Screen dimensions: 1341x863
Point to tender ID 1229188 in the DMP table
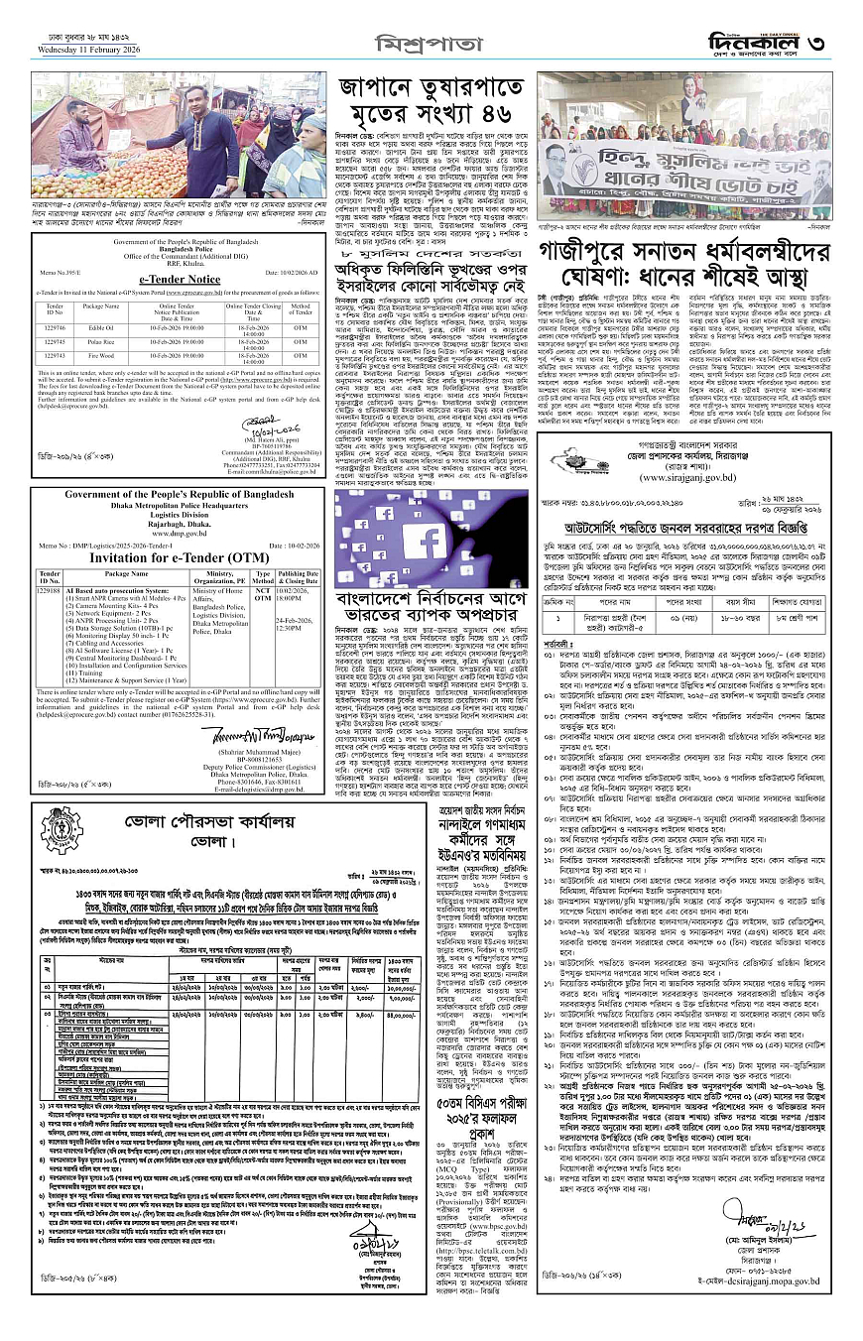[x=49, y=590]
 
